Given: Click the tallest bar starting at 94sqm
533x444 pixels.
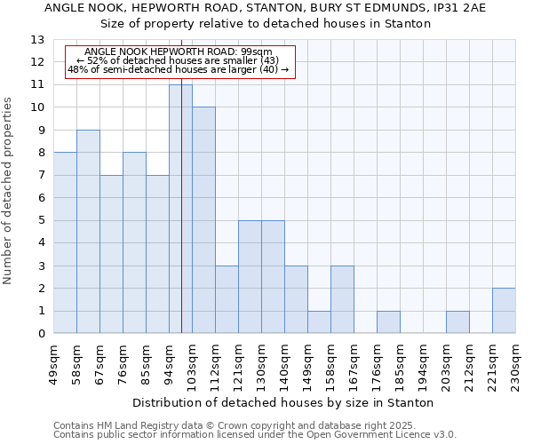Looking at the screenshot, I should [180, 210].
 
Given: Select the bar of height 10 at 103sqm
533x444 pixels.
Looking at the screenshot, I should [203, 220].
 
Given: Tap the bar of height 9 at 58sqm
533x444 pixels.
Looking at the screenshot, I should [88, 232].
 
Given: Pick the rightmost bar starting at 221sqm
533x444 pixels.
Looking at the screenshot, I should [504, 311].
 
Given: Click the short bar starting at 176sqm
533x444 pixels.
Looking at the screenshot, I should [388, 322].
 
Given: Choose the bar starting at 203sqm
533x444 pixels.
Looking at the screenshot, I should [457, 322].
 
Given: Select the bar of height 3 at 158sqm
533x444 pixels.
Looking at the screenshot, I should [342, 299].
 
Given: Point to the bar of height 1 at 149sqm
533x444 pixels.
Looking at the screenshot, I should [319, 322].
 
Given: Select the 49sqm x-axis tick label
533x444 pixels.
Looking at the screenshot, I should [53, 366].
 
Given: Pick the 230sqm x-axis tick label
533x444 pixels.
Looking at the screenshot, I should [515, 366].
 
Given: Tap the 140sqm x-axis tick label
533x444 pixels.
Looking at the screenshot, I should [284, 366].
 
